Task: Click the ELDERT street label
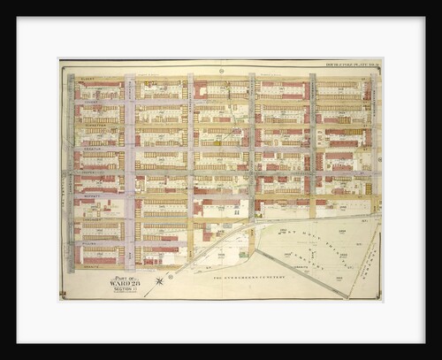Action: [87, 79]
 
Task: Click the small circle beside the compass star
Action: [168, 275]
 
